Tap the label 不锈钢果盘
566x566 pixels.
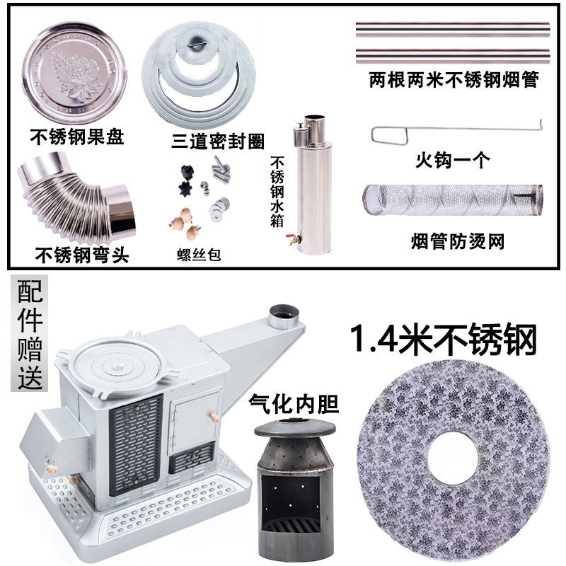(77, 135)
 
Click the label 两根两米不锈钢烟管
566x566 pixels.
(454, 80)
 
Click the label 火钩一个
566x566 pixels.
(452, 161)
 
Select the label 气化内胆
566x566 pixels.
(294, 404)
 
